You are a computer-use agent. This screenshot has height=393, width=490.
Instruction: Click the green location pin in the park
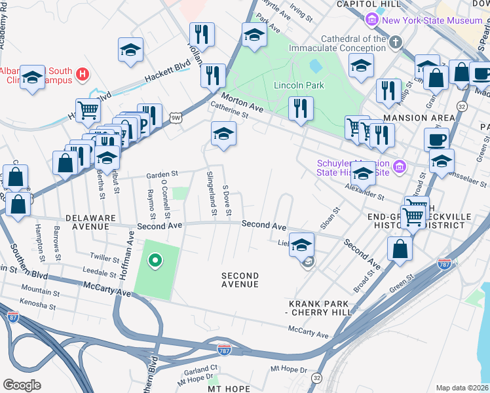[x=155, y=262]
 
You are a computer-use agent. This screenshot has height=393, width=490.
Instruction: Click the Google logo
[x=22, y=385]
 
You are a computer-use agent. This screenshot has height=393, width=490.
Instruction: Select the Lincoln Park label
[x=298, y=86]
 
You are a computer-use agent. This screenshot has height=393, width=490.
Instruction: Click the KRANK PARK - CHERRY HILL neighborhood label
[x=321, y=309]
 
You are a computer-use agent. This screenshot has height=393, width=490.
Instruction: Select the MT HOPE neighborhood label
[x=229, y=388]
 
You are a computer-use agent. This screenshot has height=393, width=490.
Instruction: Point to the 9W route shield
[x=174, y=117]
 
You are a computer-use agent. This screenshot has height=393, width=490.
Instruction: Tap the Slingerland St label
[x=211, y=193]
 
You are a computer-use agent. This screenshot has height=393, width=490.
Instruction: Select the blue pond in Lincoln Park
[x=316, y=66]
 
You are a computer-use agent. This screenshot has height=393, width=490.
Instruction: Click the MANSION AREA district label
[x=419, y=118]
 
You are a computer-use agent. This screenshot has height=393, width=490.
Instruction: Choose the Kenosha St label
[x=37, y=305]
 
